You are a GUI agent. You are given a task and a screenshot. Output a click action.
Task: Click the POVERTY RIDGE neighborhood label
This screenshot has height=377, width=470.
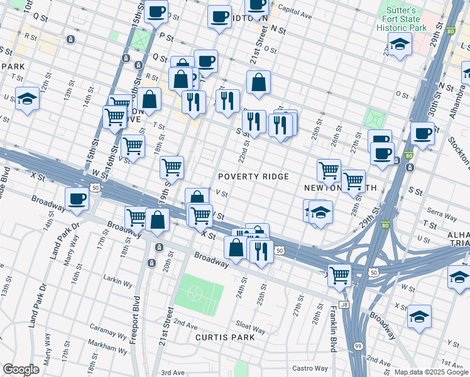253,177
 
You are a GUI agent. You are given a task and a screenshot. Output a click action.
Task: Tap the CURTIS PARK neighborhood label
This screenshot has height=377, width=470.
224,337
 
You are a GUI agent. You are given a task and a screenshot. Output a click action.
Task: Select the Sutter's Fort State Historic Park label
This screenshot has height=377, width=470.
402,19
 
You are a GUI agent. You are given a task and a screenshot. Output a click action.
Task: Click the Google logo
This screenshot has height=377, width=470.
21,369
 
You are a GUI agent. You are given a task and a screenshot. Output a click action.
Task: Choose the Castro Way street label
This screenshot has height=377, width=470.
310,368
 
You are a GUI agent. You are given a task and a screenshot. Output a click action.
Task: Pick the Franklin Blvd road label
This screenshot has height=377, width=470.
334,327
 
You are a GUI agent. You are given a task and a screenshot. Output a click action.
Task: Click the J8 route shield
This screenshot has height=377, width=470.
344,305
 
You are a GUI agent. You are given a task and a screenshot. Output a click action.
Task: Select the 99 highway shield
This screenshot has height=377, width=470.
358,346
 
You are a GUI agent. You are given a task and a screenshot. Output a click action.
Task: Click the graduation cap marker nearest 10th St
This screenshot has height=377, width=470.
27,99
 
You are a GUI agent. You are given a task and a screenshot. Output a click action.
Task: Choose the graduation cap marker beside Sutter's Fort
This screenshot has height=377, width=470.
399,45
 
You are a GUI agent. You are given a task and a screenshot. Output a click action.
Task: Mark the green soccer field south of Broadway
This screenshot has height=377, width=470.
199,295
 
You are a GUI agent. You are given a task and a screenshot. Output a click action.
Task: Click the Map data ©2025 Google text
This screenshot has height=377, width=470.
430,372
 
